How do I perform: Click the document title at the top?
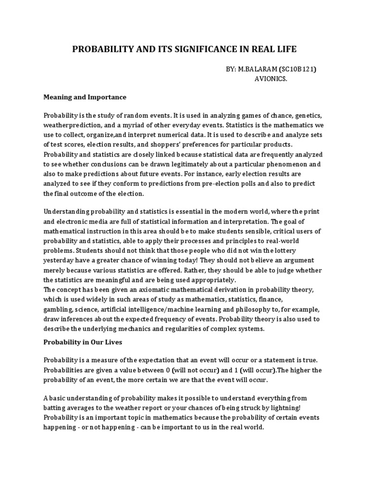coord(184,49)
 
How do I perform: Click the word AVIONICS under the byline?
coord(271,79)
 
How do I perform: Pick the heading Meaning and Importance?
coord(85,97)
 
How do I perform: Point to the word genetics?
coord(306,116)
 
